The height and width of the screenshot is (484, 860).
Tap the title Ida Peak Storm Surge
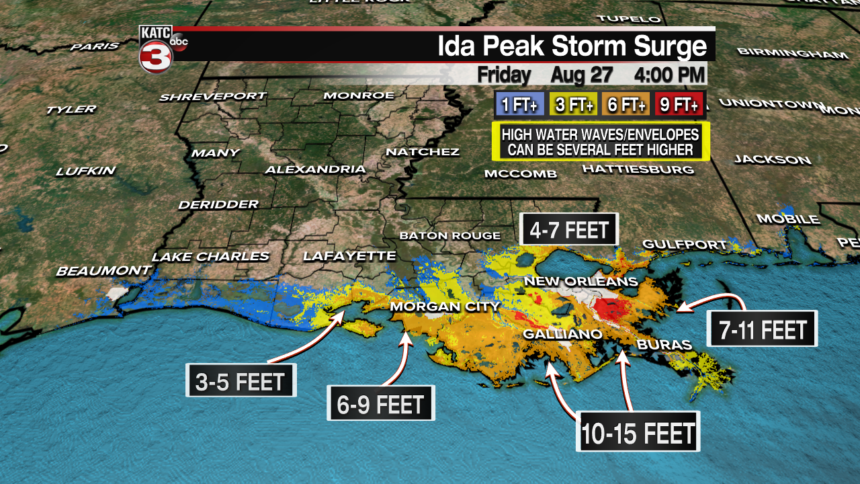coord(572,46)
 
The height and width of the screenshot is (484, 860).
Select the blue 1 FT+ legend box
coord(519,105)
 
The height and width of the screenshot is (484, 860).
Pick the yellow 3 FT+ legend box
coord(572,105)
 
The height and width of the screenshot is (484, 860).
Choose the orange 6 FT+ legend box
coord(626,105)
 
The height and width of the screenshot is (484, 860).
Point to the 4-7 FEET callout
coord(568,231)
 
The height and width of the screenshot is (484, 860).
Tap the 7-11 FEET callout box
coord(763,329)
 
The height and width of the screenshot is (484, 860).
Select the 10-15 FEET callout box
coord(638,432)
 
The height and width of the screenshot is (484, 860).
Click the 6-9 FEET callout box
coord(380,404)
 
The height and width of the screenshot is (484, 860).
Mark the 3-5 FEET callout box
coord(241,381)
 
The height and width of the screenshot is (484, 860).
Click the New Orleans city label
coord(580,281)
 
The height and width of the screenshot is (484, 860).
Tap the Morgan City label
coord(445,307)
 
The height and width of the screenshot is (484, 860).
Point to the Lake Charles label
coord(210,257)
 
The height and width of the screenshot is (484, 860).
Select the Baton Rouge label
coord(449,235)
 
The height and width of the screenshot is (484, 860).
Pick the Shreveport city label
coord(212,97)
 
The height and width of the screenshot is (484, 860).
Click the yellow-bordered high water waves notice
coord(601,141)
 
